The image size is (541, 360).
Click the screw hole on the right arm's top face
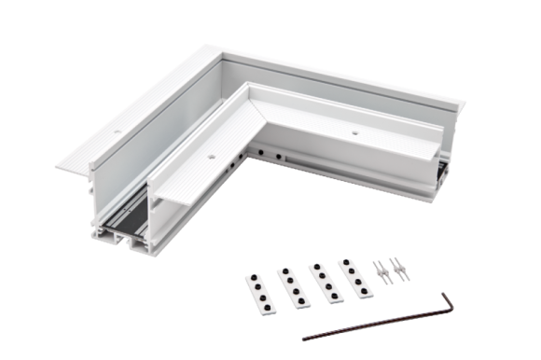(x=358, y=132)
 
